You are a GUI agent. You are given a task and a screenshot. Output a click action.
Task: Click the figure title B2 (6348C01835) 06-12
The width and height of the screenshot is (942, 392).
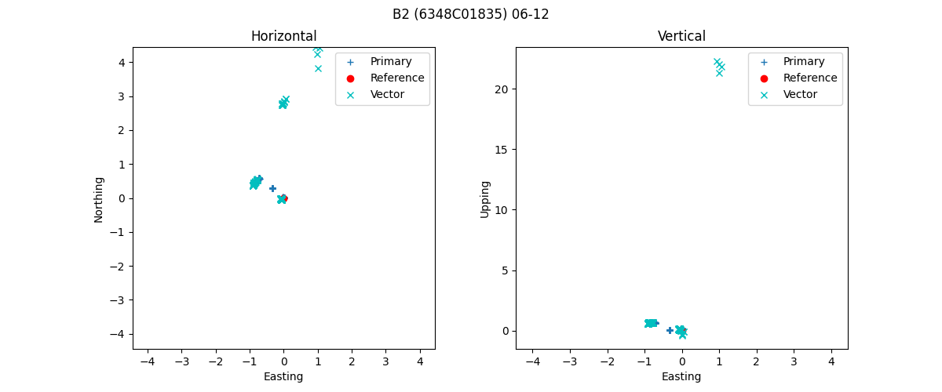click(470, 14)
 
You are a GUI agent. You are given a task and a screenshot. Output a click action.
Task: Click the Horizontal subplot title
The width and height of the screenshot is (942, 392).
click(283, 36)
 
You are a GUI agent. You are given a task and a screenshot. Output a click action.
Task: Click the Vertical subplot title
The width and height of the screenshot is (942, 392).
click(681, 36)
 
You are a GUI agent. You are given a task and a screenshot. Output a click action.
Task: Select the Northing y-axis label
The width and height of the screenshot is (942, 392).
click(99, 199)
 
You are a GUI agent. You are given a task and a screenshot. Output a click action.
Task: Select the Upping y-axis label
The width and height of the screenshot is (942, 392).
click(485, 199)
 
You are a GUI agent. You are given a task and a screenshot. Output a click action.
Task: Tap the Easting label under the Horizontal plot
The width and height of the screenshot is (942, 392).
click(283, 376)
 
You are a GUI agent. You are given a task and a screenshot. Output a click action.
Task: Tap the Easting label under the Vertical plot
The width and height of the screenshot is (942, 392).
click(681, 376)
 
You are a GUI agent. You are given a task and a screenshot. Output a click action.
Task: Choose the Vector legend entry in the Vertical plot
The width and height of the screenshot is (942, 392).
click(800, 94)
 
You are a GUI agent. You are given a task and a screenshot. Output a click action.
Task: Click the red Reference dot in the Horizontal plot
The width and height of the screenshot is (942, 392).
click(283, 198)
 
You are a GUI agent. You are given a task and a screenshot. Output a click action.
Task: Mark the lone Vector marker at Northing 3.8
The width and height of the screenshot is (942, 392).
click(318, 68)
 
